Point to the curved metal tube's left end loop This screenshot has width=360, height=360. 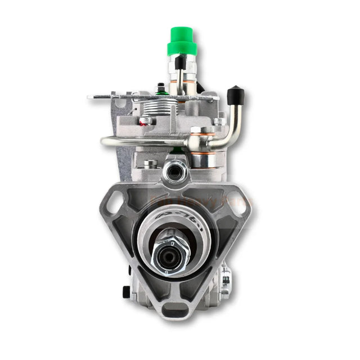(x=105, y=141)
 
